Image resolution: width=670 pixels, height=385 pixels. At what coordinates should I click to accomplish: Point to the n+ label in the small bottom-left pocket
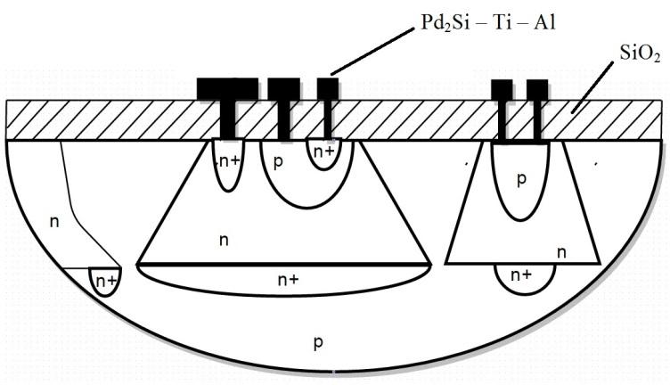[107, 282]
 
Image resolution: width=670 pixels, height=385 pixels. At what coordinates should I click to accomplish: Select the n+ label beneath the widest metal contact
[226, 163]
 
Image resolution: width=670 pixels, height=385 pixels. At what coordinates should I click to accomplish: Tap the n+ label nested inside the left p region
[326, 152]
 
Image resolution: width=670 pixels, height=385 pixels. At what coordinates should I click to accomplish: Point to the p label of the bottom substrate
[318, 342]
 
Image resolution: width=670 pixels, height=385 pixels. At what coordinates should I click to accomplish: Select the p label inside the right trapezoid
[521, 178]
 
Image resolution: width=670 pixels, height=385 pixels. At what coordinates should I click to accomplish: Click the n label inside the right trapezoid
[561, 252]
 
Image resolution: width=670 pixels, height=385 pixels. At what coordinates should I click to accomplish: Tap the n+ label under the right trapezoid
[522, 277]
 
